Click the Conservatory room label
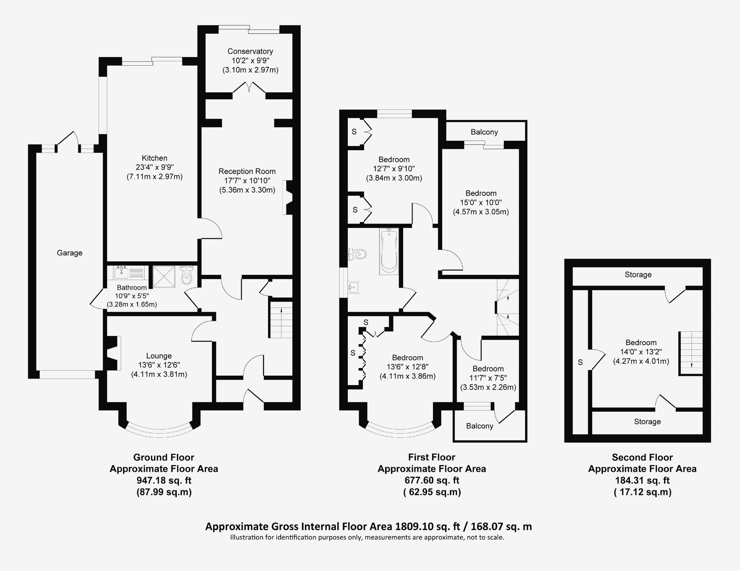250,51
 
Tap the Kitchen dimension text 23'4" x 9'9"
154,167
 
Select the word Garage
69,253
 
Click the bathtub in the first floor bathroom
389,251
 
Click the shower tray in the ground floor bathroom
164,277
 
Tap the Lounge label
159,356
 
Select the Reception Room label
247,172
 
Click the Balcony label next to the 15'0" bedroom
484,132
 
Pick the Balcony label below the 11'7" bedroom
480,426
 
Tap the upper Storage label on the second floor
638,275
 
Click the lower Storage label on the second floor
647,422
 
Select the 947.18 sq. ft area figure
164,481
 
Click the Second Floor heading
642,457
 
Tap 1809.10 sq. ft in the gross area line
428,527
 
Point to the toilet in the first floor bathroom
358,254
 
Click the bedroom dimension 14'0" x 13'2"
641,352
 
